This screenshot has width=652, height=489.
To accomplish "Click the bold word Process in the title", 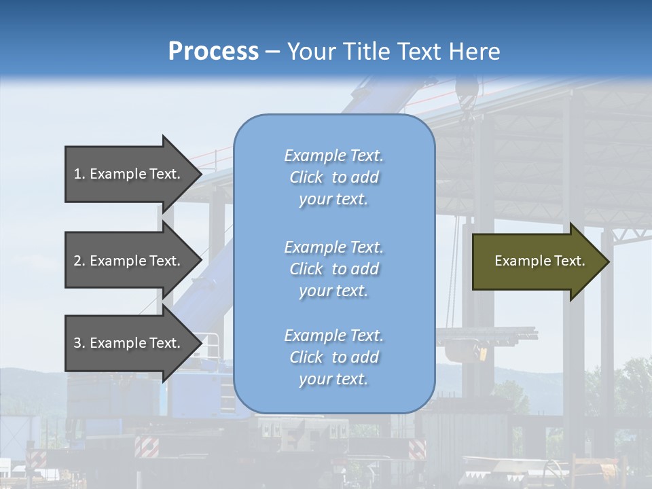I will (213, 52).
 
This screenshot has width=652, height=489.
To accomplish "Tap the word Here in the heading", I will (471, 52).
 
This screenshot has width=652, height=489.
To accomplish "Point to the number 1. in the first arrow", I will (79, 174).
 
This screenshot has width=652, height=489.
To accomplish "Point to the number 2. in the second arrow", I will (79, 261).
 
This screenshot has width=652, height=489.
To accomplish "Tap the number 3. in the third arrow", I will (79, 343).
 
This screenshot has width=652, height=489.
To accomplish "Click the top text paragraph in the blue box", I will (333, 177).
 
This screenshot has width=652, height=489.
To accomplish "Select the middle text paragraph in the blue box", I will (333, 269).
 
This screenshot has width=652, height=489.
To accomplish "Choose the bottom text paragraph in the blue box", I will (333, 357).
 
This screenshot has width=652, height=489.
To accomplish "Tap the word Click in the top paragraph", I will (306, 177).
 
